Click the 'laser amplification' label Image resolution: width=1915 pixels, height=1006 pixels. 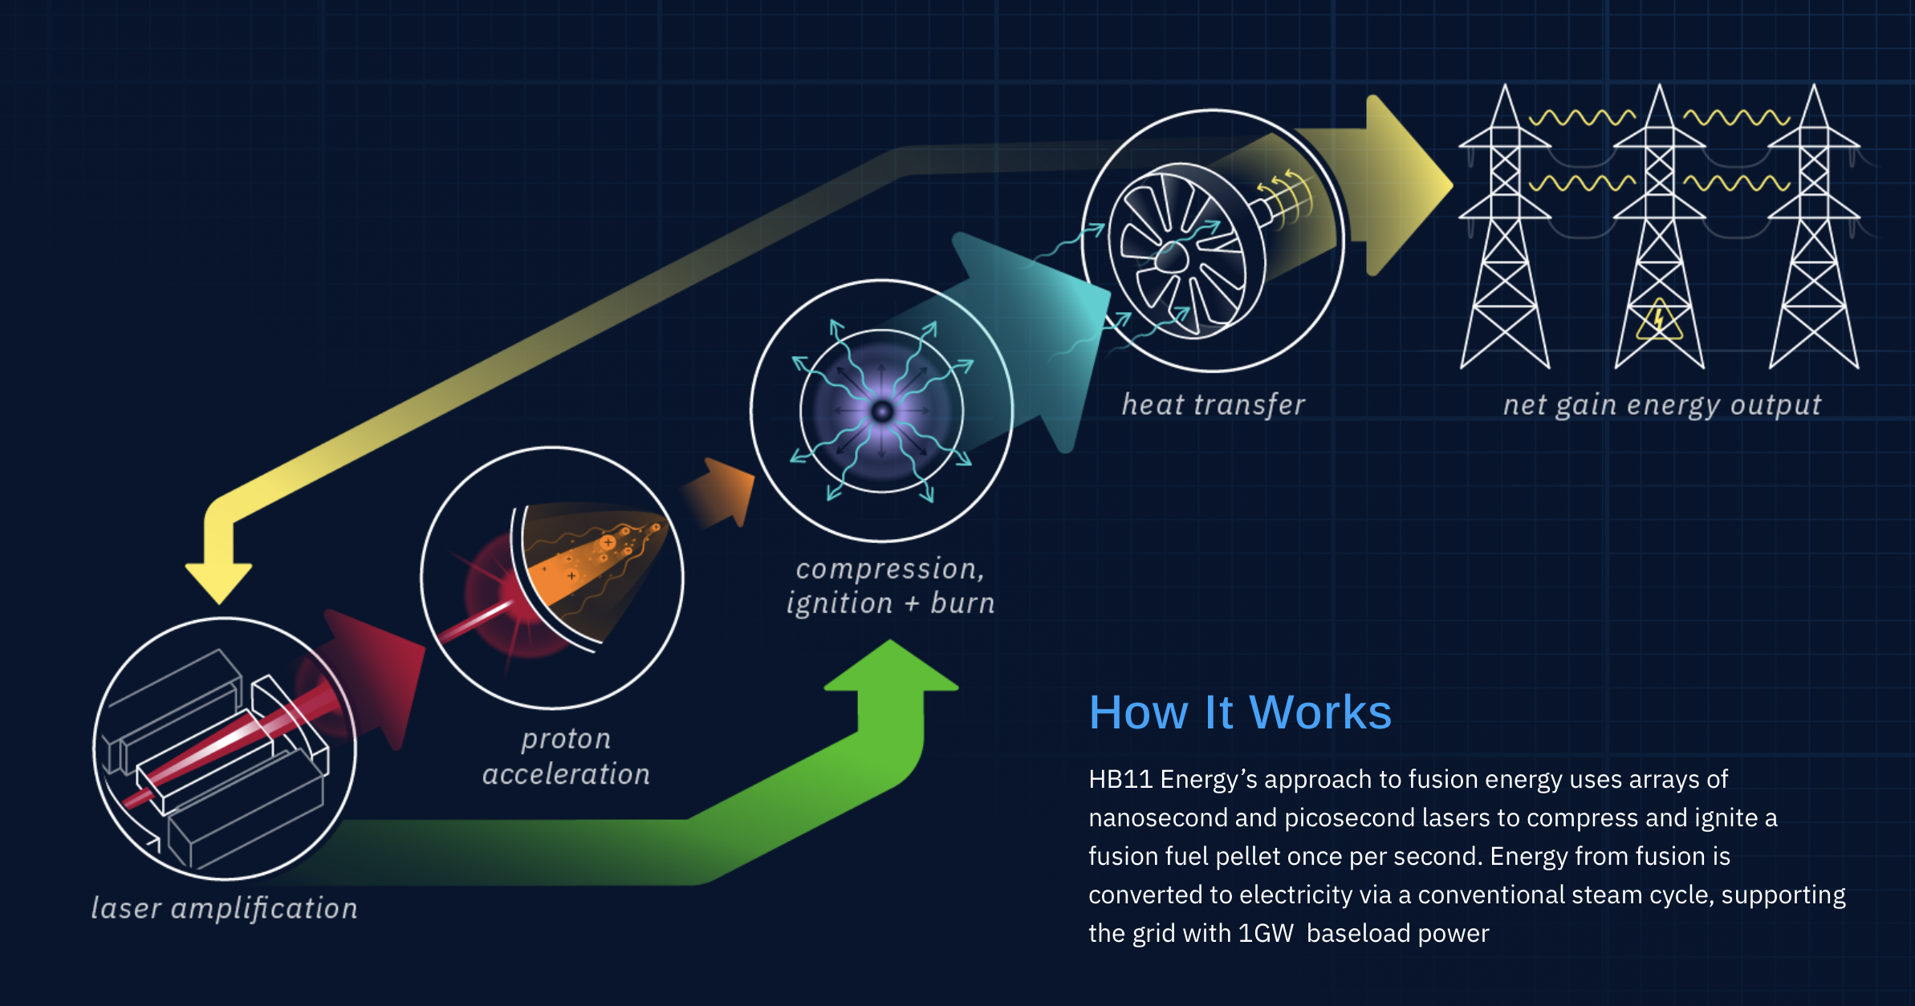224,909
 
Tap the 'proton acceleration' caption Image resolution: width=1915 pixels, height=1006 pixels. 566,757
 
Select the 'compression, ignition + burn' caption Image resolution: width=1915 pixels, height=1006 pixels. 890,586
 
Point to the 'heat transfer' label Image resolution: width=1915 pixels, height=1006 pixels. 1213,404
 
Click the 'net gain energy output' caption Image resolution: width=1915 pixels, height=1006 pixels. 1662,405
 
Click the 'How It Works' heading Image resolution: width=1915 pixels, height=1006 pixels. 1240,712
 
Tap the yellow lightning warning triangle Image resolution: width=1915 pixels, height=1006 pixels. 1659,319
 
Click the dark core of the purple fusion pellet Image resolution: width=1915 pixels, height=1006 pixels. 882,412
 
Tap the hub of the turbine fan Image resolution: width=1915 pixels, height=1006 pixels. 1171,258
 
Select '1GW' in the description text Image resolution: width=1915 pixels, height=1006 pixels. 1266,933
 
